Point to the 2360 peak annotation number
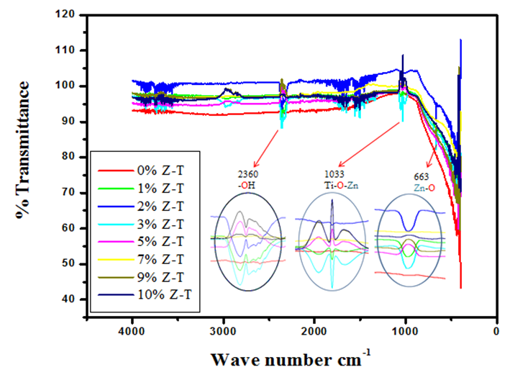(246, 173)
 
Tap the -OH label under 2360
(246, 185)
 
